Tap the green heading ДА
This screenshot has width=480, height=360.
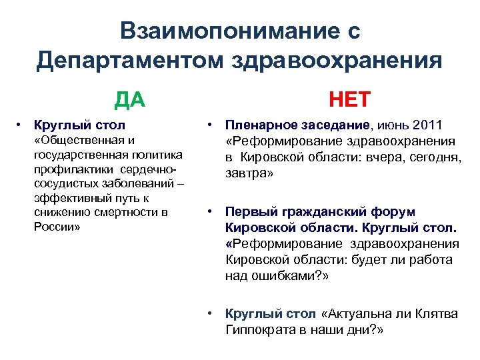tap(129, 99)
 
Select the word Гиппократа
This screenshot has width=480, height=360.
tap(261, 330)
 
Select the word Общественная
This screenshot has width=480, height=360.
tap(84, 139)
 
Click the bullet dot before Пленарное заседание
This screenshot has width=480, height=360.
tap(209, 124)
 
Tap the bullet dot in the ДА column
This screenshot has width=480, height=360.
tap(21, 124)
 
